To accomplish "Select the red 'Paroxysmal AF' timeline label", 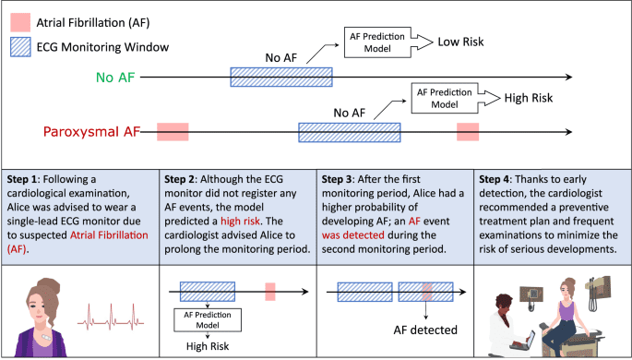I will point(77,132).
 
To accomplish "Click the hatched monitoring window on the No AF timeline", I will point(281,78).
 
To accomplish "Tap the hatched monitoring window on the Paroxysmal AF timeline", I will point(349,132).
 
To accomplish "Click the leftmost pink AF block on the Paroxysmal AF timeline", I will point(173,132).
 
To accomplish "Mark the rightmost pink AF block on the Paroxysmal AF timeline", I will point(469,132).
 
